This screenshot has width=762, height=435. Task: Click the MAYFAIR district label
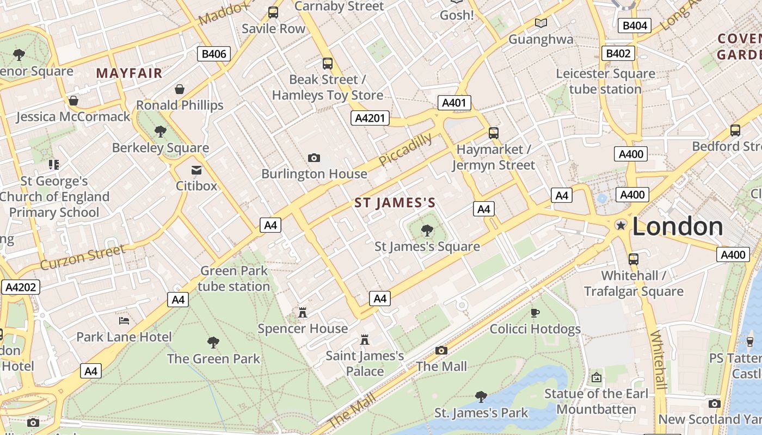(x=130, y=73)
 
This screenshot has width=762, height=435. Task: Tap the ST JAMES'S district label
(x=395, y=203)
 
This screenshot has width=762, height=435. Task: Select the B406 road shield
(x=213, y=54)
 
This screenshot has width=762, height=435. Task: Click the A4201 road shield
(x=370, y=118)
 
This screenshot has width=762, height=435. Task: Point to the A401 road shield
(x=454, y=103)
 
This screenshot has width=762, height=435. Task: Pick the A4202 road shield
(x=21, y=287)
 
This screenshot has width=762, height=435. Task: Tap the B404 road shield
(x=635, y=26)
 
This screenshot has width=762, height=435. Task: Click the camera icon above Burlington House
(x=314, y=158)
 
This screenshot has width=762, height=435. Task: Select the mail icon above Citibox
(x=196, y=170)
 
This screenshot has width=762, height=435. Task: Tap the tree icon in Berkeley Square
(x=160, y=131)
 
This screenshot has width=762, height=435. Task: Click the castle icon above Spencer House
(x=303, y=312)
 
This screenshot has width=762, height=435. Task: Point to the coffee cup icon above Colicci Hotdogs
(x=535, y=313)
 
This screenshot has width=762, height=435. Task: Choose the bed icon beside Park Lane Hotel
(x=124, y=321)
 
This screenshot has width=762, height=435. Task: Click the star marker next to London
(x=620, y=225)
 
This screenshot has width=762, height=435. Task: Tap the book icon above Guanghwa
(x=540, y=23)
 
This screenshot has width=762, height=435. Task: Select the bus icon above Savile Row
(x=273, y=12)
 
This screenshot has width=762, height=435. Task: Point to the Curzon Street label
(x=83, y=257)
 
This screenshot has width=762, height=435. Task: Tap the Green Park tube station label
(x=234, y=278)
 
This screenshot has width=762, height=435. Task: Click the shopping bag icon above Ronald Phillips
(x=180, y=89)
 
